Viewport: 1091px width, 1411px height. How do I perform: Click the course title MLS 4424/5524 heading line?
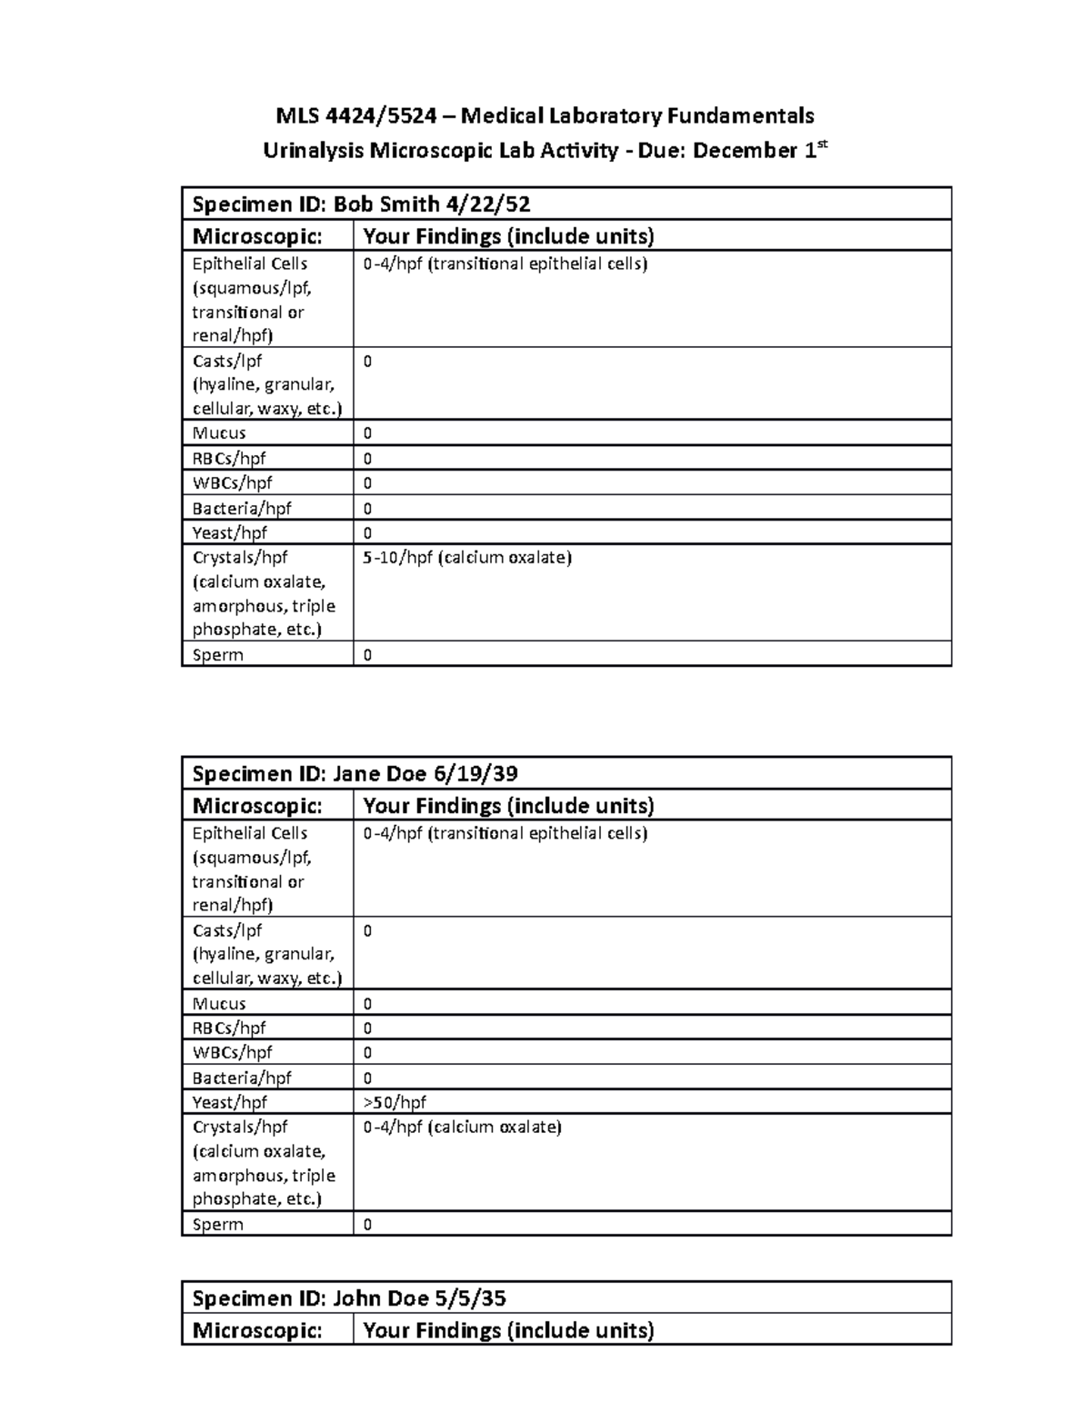click(x=545, y=115)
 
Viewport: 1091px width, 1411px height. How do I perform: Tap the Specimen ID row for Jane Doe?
click(x=355, y=773)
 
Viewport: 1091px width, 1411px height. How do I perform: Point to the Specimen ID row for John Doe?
click(x=349, y=1297)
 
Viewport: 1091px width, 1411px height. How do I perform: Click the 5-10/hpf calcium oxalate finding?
click(x=467, y=558)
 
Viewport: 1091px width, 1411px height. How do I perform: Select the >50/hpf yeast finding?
click(x=395, y=1102)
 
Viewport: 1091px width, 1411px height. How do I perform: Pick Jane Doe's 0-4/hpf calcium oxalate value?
click(x=462, y=1128)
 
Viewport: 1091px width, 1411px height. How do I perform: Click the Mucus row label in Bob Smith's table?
click(x=219, y=433)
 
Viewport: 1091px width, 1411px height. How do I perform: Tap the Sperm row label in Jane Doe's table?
click(x=218, y=1224)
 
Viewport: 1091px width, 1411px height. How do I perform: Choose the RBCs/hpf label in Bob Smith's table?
click(x=229, y=459)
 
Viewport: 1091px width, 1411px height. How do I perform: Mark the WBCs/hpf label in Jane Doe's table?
click(x=232, y=1052)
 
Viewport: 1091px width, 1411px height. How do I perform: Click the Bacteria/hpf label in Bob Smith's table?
click(x=242, y=508)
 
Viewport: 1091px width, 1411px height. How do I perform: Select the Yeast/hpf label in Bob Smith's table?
click(x=229, y=532)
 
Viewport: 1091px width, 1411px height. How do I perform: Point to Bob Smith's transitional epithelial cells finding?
click(x=505, y=264)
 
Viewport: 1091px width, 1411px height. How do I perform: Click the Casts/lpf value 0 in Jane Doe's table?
click(x=368, y=930)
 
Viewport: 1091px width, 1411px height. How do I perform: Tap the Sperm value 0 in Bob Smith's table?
click(x=368, y=655)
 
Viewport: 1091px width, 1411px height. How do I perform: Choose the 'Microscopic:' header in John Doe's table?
click(x=257, y=1330)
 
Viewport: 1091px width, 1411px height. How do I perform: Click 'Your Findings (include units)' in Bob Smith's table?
click(x=508, y=236)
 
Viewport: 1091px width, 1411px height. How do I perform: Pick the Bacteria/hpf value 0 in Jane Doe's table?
click(x=368, y=1078)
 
